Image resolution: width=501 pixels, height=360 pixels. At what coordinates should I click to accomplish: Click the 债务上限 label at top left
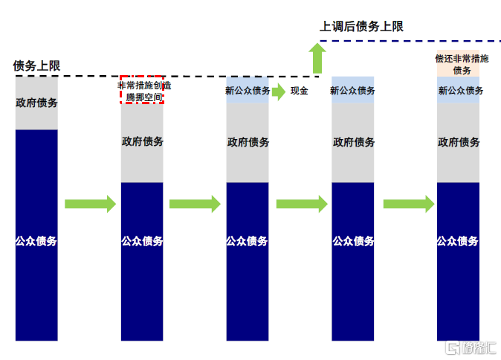[36, 65]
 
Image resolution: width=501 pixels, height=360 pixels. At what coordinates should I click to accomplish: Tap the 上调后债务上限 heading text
[361, 26]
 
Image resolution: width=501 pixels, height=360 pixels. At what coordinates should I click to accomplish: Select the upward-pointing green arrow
[318, 57]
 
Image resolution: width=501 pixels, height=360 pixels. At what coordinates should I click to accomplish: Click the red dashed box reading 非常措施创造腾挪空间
[142, 90]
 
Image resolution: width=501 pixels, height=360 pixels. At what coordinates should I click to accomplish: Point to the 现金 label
[299, 91]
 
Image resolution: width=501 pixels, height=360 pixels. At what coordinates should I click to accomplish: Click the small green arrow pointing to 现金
[278, 91]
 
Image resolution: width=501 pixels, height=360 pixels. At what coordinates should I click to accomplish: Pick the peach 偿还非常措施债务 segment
[458, 64]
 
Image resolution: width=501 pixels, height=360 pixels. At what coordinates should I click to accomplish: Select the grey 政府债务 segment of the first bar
[36, 103]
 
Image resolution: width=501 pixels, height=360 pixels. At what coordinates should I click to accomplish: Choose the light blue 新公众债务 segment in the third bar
[248, 91]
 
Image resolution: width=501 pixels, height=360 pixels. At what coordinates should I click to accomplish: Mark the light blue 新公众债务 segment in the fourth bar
[352, 90]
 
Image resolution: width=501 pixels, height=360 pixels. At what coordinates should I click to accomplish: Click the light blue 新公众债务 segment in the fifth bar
[458, 90]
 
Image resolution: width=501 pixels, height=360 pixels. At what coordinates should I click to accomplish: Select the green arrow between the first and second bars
[90, 204]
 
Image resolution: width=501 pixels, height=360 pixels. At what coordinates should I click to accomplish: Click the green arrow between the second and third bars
[195, 204]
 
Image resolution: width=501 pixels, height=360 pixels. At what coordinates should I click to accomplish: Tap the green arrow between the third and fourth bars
[301, 204]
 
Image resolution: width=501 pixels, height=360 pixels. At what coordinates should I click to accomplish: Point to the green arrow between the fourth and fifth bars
[408, 204]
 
